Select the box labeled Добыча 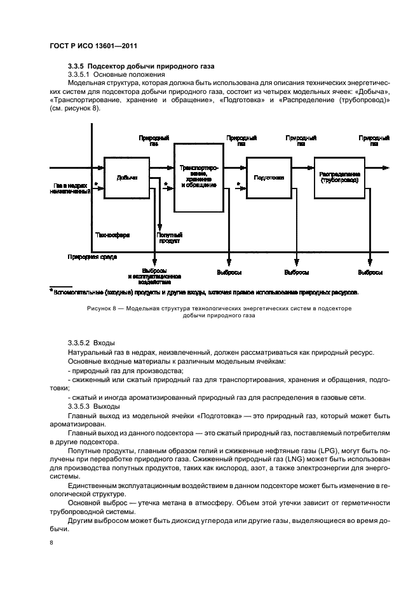pyautogui.click(x=126, y=178)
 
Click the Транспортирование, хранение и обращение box pyautogui.click(x=198, y=177)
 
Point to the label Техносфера pyautogui.click(x=112, y=234)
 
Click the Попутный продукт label pyautogui.click(x=169, y=238)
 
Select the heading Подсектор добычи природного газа pyautogui.click(x=152, y=66)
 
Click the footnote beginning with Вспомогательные pyautogui.click(x=203, y=293)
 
